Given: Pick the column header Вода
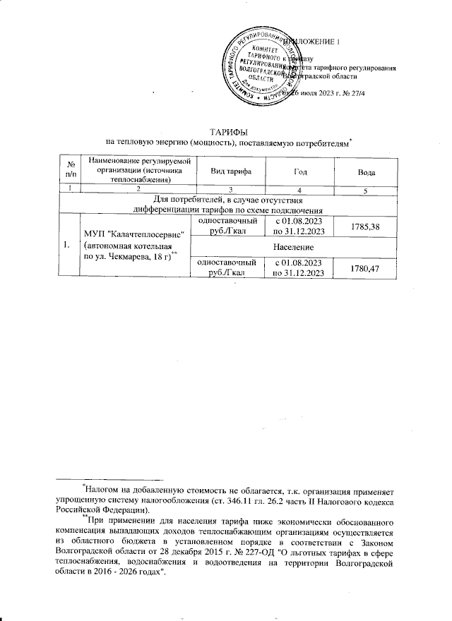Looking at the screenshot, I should pyautogui.click(x=366, y=171).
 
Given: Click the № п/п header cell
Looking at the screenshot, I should pyautogui.click(x=71, y=171).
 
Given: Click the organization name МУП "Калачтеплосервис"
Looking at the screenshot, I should pyautogui.click(x=134, y=234).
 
